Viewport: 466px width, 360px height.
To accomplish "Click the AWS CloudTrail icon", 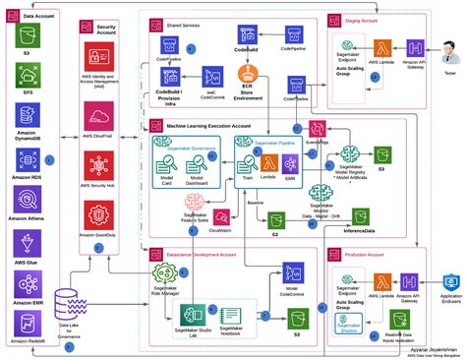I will coord(98,114).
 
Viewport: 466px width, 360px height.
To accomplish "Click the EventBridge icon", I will coord(318,130).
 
